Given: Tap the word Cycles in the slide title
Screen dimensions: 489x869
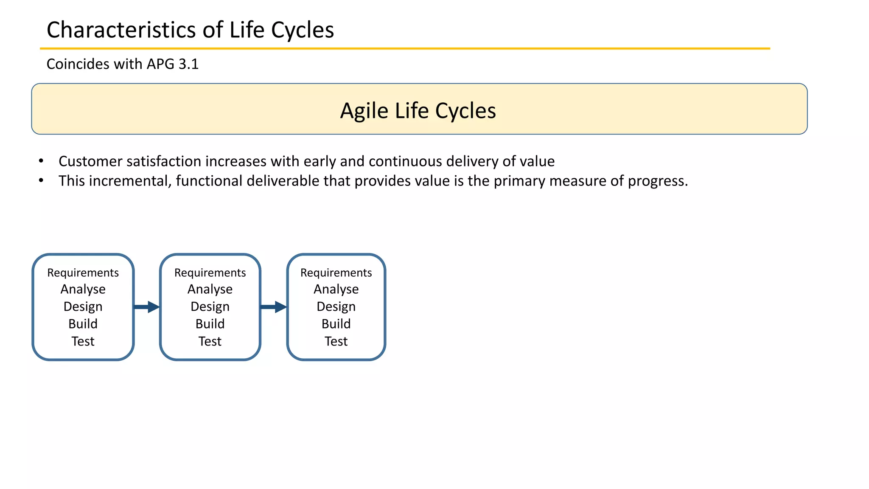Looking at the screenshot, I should pos(302,30).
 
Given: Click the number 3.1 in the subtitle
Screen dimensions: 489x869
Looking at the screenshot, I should pos(188,64).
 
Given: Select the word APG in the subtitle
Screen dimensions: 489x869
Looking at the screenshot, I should pos(160,64).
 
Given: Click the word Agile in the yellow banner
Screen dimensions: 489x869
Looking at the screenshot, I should pos(364,111).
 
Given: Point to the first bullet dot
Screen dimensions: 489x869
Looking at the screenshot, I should pos(41,161).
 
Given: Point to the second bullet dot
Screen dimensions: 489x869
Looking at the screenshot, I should pos(41,180).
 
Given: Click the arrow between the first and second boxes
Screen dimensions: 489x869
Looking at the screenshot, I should pos(147,307).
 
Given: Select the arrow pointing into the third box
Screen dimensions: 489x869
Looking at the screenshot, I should pos(274,307).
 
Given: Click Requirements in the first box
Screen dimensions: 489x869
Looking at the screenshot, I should pos(83,273).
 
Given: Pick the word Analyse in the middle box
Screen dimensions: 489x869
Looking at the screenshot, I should pos(210,289).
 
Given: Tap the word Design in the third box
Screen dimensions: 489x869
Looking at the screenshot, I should pos(336,306).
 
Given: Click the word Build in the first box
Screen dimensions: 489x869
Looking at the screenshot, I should pos(83,324).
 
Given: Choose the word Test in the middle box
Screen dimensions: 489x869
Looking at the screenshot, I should pos(210,341).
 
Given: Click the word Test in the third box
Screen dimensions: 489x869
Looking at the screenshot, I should pos(336,341).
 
